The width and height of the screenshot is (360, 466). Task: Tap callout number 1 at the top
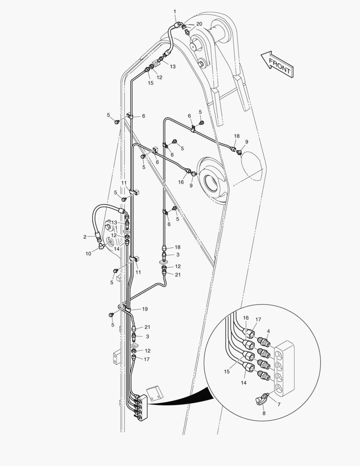tap(175, 11)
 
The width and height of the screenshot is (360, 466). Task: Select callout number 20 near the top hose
tap(199, 24)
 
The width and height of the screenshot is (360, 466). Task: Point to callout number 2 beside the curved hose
tap(85, 236)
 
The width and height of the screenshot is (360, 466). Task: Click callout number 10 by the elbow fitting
tap(88, 254)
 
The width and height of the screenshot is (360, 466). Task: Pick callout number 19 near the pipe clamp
tap(145, 309)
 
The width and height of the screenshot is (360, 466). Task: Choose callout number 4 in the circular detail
tap(268, 331)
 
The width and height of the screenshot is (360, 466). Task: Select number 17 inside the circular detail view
tap(258, 320)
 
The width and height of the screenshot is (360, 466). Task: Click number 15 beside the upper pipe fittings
tap(150, 82)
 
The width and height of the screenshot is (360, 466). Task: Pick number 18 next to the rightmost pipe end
tap(237, 136)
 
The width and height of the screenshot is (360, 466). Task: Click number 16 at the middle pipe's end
tap(181, 182)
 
